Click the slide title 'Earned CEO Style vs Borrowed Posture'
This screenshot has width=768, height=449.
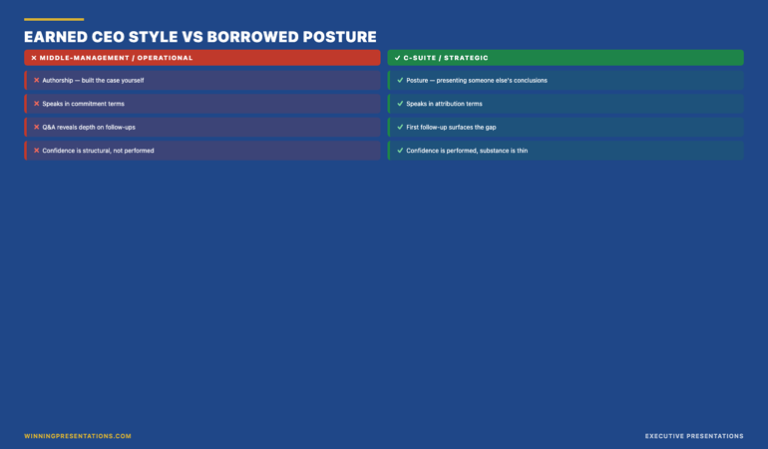[200, 37]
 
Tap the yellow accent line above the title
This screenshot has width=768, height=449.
[54, 20]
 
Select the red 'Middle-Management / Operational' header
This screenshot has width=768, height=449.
[202, 58]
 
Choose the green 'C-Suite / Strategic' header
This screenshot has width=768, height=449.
[566, 58]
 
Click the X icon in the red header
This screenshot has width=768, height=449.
[34, 58]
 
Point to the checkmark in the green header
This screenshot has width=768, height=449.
[397, 58]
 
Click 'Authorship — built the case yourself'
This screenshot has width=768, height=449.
[93, 81]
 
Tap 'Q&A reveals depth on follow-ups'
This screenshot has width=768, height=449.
[89, 128]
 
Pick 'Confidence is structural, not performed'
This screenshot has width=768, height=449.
[98, 151]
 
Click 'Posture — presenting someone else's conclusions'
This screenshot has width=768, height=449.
[477, 81]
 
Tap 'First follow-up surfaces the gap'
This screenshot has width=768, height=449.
[451, 128]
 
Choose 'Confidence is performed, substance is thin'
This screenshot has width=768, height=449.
[467, 151]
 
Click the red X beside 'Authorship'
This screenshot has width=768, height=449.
[36, 81]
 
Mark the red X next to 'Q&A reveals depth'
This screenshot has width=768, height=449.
[36, 127]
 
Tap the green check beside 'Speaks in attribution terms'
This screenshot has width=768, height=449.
[400, 104]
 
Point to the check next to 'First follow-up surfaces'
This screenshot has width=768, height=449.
[400, 127]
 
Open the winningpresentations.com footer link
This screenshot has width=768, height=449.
[78, 436]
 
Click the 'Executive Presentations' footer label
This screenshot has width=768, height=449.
[694, 436]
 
